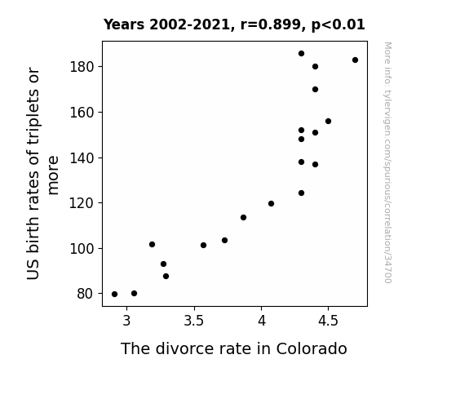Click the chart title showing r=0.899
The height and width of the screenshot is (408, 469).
234,24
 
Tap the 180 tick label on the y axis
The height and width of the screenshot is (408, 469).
82,67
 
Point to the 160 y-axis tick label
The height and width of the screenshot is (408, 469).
82,113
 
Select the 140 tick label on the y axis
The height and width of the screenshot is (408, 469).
82,158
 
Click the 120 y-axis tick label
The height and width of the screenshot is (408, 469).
82,203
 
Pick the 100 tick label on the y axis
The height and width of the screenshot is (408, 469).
82,249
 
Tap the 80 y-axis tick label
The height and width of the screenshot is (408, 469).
85,294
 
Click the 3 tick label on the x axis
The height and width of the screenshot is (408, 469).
126,321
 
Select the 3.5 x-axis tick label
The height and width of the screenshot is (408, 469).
194,321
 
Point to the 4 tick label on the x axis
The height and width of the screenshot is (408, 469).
262,321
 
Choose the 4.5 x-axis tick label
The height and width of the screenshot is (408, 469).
328,321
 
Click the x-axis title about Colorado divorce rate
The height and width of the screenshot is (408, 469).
234,348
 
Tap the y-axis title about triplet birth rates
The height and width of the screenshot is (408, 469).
42,174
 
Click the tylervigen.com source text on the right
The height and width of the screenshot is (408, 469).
387,162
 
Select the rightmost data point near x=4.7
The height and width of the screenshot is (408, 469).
355,60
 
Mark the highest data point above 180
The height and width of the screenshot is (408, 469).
301,54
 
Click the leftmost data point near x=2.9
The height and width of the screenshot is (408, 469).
114,295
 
